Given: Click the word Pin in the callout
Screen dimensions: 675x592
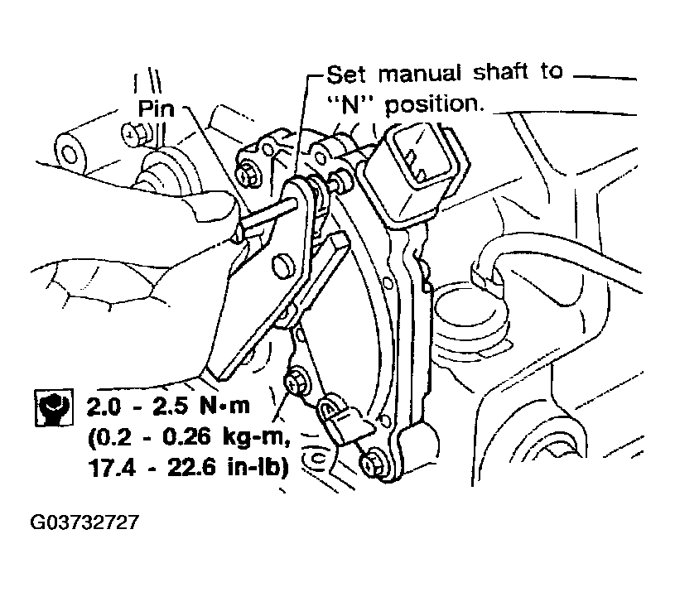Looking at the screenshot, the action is [x=156, y=108].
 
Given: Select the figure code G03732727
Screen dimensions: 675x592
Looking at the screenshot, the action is [x=84, y=522].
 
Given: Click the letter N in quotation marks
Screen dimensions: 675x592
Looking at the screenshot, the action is [x=350, y=104].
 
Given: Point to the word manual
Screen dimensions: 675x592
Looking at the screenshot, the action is [x=419, y=75].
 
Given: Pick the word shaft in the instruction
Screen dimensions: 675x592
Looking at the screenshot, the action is [x=500, y=72].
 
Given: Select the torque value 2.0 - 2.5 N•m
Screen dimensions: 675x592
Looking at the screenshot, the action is [x=168, y=407].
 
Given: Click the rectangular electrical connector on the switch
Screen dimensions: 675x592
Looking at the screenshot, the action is [x=416, y=164].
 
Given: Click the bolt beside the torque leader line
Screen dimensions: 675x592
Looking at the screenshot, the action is [x=295, y=382].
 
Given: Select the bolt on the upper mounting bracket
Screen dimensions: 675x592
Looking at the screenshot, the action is [x=248, y=174].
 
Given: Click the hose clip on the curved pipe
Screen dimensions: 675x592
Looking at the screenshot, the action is [x=485, y=272].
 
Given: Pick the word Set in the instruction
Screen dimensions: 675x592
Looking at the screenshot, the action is [x=346, y=75].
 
